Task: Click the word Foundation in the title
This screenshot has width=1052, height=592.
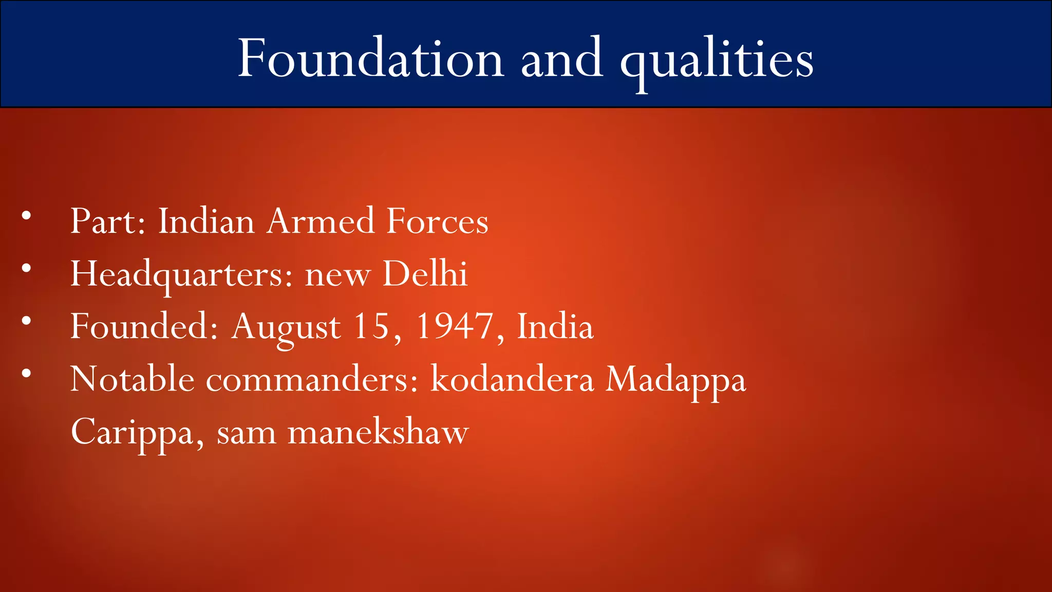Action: pos(370,59)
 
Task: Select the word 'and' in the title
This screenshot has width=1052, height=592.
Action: pos(561,59)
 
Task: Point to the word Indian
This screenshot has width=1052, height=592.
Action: pos(206,221)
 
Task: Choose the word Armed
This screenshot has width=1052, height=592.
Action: pos(321,221)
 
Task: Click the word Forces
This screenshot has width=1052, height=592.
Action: pos(437,221)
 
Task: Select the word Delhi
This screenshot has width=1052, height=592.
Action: pos(425,274)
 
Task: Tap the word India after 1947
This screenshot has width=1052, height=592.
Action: pos(555,326)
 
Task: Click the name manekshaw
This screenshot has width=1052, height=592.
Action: pos(378,432)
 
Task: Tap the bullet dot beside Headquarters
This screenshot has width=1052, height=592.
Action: pos(26,268)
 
